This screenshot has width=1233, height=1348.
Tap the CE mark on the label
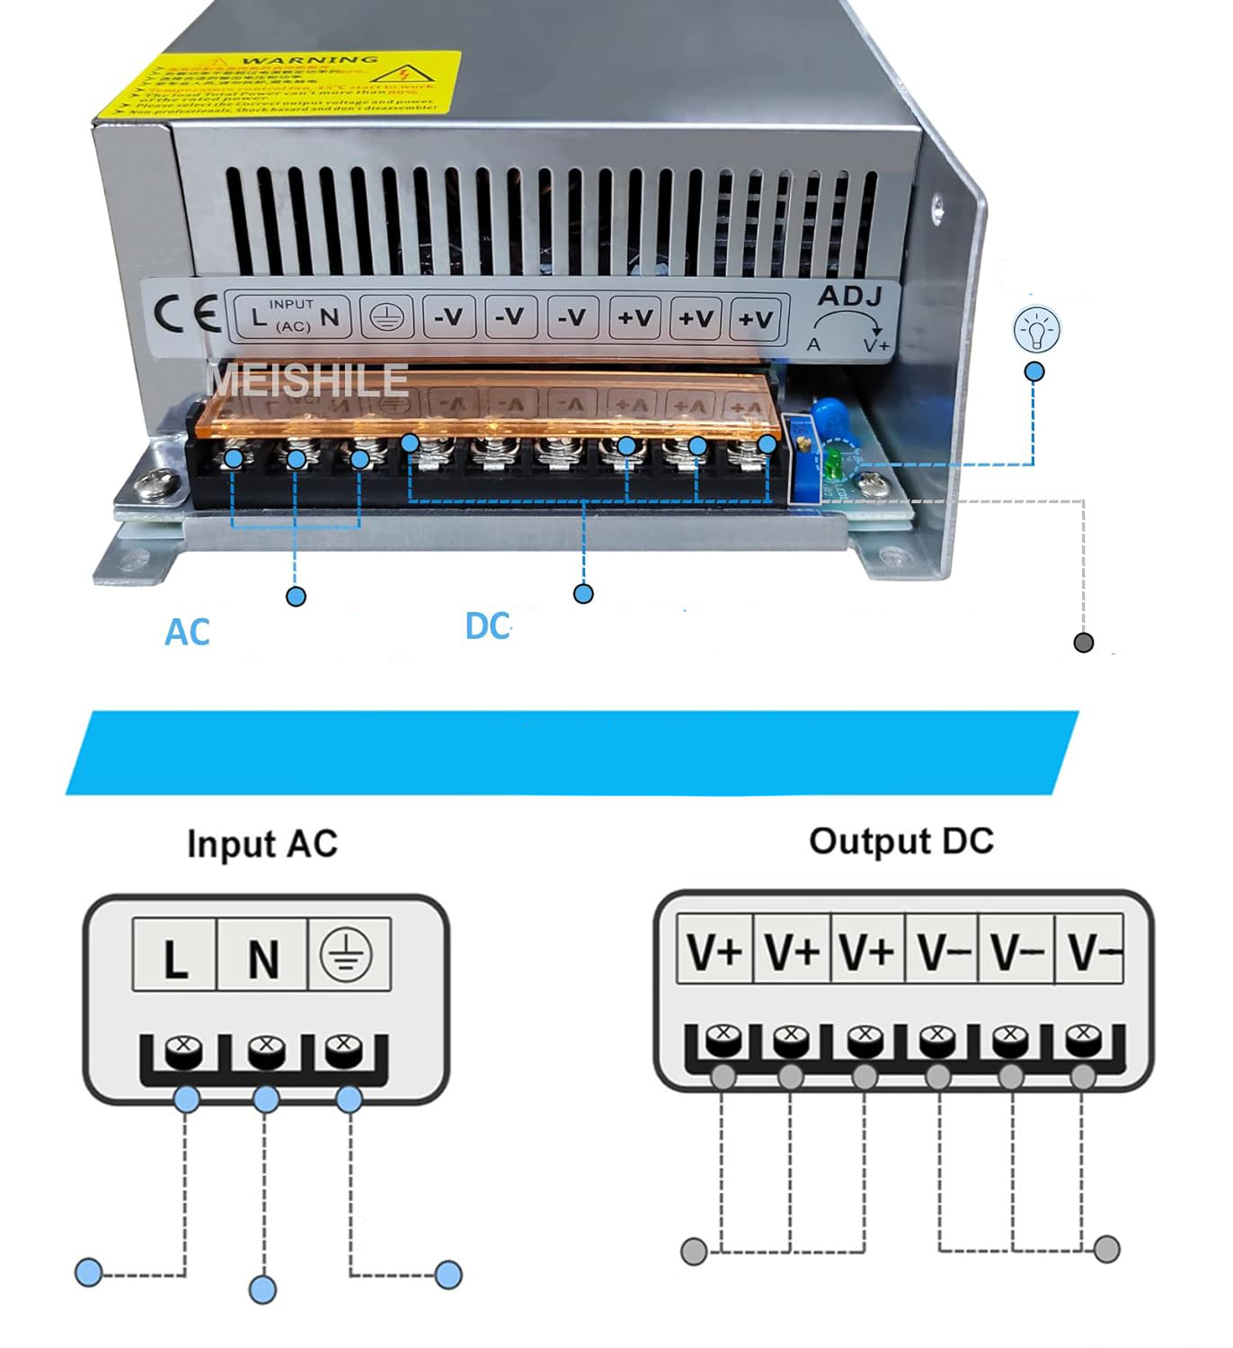tap(186, 315)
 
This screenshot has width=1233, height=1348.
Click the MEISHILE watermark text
tap(308, 380)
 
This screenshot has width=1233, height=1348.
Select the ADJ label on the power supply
tap(849, 296)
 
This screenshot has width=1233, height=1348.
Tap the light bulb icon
tap(1036, 330)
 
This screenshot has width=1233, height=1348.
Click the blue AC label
tap(187, 633)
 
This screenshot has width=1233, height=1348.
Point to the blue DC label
tap(487, 626)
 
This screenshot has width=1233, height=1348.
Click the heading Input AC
tap(262, 844)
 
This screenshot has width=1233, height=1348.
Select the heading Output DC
tap(900, 841)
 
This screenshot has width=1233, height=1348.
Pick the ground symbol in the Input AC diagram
tap(349, 954)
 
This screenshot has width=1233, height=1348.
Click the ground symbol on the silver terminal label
tap(387, 316)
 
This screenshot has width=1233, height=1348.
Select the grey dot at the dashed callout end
tap(1084, 643)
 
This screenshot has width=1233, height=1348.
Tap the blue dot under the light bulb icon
tap(1034, 371)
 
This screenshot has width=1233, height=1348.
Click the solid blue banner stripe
tap(572, 752)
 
